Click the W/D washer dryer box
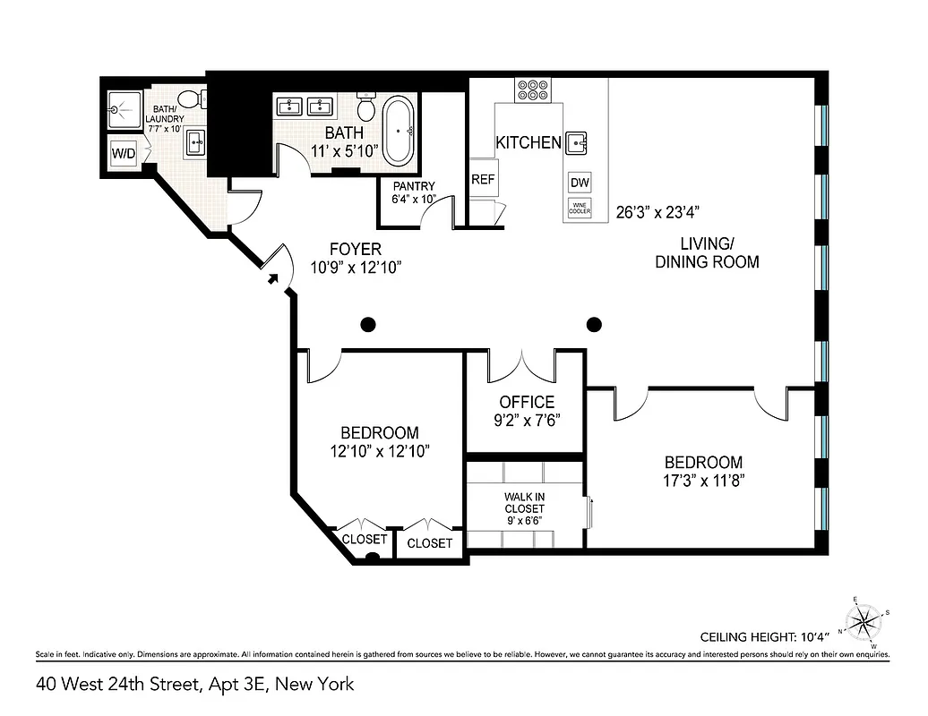124,153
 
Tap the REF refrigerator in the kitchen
484,179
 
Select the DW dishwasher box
580,183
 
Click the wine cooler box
580,209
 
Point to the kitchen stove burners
533,89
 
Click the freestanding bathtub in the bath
399,131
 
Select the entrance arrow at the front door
272,280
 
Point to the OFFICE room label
527,403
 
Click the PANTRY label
413,186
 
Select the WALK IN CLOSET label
523,508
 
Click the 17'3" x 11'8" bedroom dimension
703,480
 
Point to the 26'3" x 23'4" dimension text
657,213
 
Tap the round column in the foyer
368,324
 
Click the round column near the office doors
593,324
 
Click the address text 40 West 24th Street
195,685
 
